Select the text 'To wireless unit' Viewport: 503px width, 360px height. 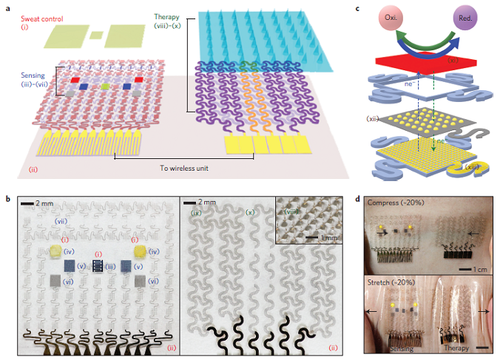[183, 168]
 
